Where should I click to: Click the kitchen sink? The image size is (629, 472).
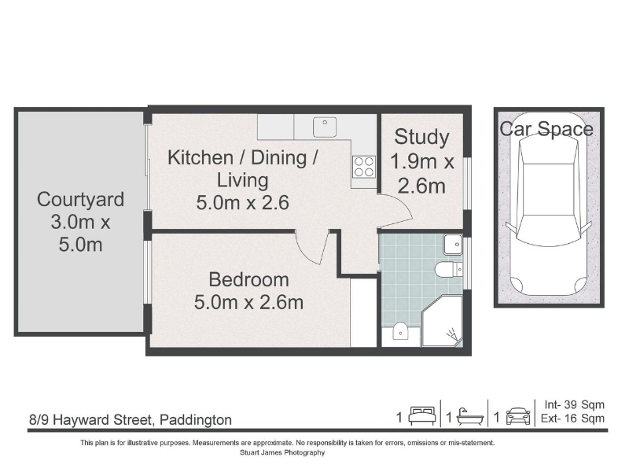[325, 127]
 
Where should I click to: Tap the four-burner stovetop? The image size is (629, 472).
[364, 167]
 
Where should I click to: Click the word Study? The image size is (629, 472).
[421, 138]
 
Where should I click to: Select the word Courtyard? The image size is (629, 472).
[80, 201]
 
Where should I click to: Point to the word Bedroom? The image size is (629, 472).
[248, 279]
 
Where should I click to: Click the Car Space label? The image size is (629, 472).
[546, 129]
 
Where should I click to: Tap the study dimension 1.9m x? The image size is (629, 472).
[421, 162]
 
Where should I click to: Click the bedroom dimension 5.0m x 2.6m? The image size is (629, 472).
[248, 302]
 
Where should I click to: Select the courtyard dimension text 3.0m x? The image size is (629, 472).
[80, 222]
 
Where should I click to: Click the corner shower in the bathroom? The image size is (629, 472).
[443, 322]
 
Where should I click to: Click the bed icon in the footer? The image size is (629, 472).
[422, 416]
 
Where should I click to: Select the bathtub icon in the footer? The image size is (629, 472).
[470, 417]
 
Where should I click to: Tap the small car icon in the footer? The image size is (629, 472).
[518, 416]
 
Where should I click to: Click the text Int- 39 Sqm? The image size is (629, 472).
[574, 404]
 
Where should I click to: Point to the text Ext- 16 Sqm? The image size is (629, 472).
[572, 419]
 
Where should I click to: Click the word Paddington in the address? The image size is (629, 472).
[196, 420]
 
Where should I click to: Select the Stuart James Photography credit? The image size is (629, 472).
[282, 453]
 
